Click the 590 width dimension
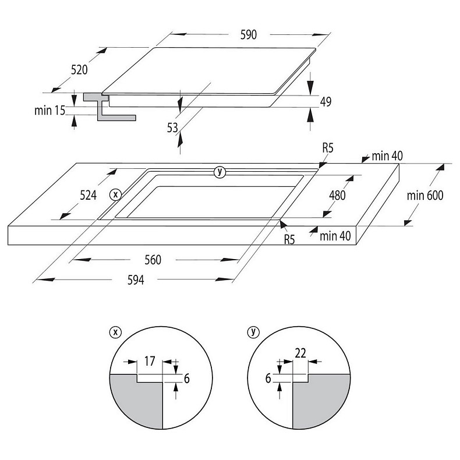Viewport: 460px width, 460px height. point(249,34)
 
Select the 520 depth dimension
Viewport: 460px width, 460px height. point(79,70)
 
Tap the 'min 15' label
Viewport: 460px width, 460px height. point(49,110)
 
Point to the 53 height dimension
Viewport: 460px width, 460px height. point(172,128)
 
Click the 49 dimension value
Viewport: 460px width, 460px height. point(325,101)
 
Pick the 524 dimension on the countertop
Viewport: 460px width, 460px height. point(88,195)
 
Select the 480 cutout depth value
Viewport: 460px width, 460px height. point(337,195)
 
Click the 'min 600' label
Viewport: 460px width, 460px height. point(425,195)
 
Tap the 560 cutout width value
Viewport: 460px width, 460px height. point(153,260)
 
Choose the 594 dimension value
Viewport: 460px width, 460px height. point(136,280)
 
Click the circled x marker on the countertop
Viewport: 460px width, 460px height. point(116,194)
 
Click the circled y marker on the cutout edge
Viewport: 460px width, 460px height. point(220,172)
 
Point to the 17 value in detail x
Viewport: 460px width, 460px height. point(149,361)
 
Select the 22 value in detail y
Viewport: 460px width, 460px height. point(300,353)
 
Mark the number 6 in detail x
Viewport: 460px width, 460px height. point(186,378)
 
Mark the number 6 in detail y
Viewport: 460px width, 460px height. point(268,378)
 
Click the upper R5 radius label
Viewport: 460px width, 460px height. point(328,148)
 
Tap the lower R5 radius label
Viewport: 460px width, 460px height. point(289,240)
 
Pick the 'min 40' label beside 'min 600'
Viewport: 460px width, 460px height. point(387,156)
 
